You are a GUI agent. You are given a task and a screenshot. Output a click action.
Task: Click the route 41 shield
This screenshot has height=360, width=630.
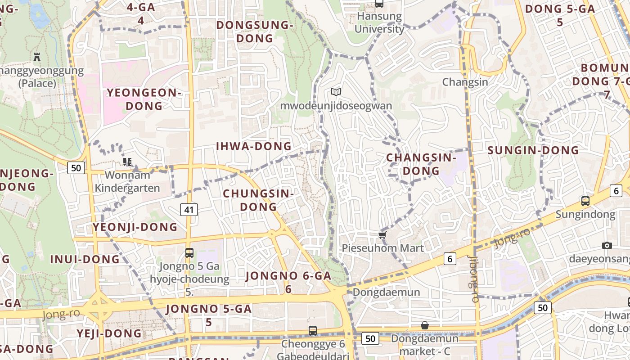click(x=189, y=209)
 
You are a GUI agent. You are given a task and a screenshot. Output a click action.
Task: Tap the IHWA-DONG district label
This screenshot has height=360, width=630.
click(x=254, y=146)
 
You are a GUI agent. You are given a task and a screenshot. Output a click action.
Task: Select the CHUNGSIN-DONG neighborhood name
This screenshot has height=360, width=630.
click(x=258, y=200)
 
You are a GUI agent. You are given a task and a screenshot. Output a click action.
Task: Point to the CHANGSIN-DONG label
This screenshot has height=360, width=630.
click(x=421, y=164)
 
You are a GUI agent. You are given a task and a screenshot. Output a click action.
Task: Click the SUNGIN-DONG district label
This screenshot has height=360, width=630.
click(x=533, y=150)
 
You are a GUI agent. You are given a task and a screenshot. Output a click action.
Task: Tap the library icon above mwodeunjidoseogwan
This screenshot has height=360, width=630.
click(x=336, y=92)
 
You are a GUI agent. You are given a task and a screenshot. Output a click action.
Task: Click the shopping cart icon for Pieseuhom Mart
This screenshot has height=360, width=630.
click(x=382, y=235)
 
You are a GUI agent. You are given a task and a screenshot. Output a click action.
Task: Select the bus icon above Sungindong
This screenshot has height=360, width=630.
click(x=585, y=201)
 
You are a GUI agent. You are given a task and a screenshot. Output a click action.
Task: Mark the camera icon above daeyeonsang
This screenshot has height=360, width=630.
click(x=607, y=245)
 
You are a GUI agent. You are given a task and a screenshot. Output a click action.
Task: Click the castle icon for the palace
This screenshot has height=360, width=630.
click(x=37, y=57)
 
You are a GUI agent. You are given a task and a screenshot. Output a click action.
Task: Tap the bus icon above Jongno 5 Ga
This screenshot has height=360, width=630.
click(x=189, y=252)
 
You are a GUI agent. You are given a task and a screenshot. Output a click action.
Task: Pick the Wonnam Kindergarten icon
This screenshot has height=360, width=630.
click(x=127, y=162)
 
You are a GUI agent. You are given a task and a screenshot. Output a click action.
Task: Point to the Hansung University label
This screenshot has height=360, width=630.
click(x=379, y=22)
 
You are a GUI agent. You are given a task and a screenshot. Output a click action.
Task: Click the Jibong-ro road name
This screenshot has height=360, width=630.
click(x=473, y=279)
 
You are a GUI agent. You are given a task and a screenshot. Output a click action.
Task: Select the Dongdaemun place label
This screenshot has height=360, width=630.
click(x=386, y=292)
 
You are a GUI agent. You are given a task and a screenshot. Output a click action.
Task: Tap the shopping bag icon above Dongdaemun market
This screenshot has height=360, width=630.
click(x=424, y=325)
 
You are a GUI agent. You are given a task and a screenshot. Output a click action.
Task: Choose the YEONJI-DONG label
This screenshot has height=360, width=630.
click(x=135, y=227)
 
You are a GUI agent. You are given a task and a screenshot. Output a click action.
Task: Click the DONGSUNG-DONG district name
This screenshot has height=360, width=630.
click(x=255, y=31)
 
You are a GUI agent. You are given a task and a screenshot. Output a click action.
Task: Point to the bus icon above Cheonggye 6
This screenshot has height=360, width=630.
click(x=313, y=331)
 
